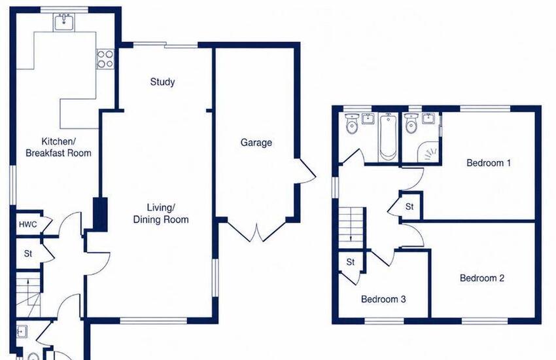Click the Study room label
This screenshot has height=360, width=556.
(162, 82)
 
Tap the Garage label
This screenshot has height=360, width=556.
(256, 143)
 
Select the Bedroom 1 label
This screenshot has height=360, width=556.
(489, 163)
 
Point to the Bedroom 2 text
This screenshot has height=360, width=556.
(482, 278)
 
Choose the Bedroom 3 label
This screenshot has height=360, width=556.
(383, 299)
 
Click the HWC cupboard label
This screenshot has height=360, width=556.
(27, 225)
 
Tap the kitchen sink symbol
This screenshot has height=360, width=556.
(64, 22)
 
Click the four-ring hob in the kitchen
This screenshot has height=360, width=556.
(105, 59)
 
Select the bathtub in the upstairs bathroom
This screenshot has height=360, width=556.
(389, 137)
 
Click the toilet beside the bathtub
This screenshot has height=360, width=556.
(352, 124)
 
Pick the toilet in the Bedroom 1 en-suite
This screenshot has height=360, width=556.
(411, 124)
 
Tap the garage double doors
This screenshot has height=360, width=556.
(257, 231)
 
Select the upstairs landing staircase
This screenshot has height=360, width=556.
(352, 228)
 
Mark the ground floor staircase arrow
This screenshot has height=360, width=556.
(27, 283)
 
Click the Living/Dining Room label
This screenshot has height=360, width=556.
(161, 213)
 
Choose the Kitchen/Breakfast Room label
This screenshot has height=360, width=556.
(58, 147)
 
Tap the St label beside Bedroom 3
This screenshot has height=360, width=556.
(351, 262)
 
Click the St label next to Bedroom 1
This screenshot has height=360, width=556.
(409, 206)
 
